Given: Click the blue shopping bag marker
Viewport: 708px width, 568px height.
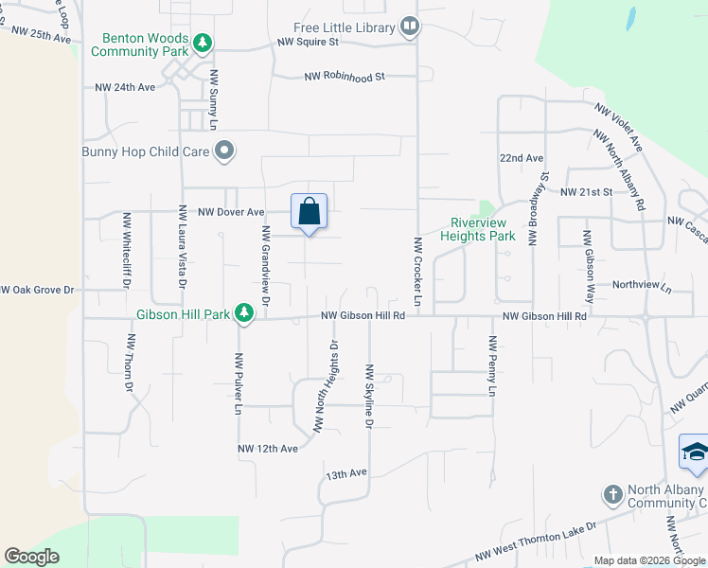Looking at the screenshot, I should click(310, 212).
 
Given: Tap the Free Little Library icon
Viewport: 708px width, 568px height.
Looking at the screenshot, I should click(410, 27).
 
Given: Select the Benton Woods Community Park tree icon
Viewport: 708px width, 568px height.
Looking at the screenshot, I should click(202, 43).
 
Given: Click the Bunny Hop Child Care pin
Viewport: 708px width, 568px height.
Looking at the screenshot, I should click(224, 150).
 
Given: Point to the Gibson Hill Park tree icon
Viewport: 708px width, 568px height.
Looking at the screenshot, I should click(244, 312).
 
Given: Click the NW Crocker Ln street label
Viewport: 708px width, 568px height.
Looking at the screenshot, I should click(416, 270).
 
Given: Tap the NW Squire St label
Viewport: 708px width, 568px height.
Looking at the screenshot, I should click(308, 43).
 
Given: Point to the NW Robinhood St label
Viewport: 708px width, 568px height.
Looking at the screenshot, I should click(345, 77).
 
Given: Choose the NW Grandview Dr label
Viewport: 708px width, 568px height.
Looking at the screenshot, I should click(265, 267).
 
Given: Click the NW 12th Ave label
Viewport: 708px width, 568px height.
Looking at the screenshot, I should click(268, 448).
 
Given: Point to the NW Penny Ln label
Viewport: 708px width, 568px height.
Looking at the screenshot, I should click(492, 365).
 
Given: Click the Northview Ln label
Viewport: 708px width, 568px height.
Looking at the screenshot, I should click(641, 285).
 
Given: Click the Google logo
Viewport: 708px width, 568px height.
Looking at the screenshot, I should click(31, 557).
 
